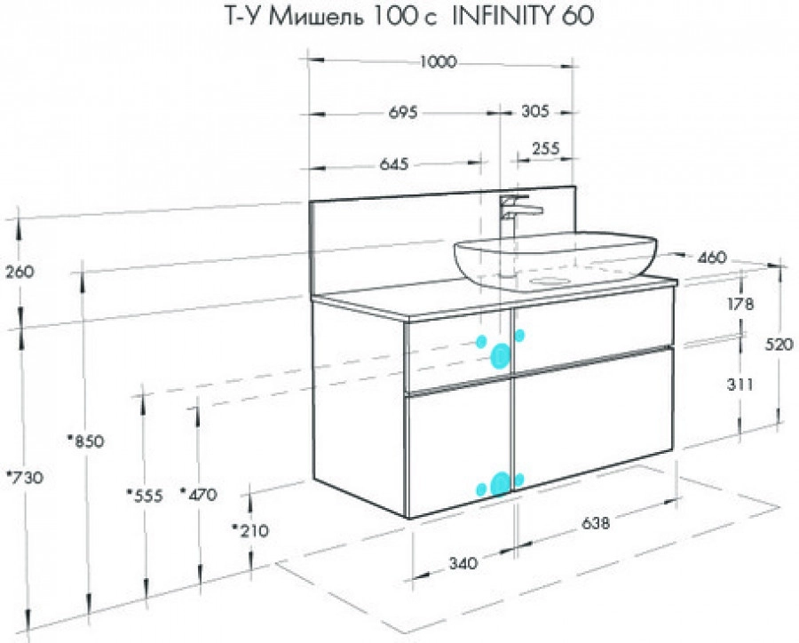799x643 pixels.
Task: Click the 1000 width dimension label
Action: [x=439, y=61]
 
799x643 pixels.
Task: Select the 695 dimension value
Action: [x=403, y=112]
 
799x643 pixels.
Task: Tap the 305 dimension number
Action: [x=535, y=111]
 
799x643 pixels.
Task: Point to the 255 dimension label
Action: [x=546, y=148]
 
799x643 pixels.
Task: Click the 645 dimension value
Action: [x=394, y=163]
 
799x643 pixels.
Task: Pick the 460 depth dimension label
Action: [x=711, y=258]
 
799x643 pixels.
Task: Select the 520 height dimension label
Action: [x=779, y=345]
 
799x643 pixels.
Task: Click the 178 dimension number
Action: [x=740, y=304]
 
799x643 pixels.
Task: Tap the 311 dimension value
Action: [x=740, y=384]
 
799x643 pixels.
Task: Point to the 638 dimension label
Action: [x=595, y=523]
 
